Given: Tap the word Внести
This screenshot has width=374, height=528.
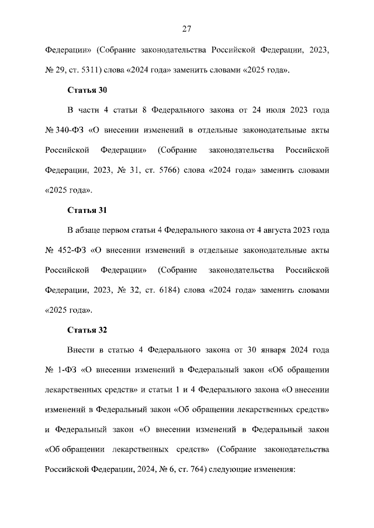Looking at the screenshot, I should (x=82, y=350).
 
